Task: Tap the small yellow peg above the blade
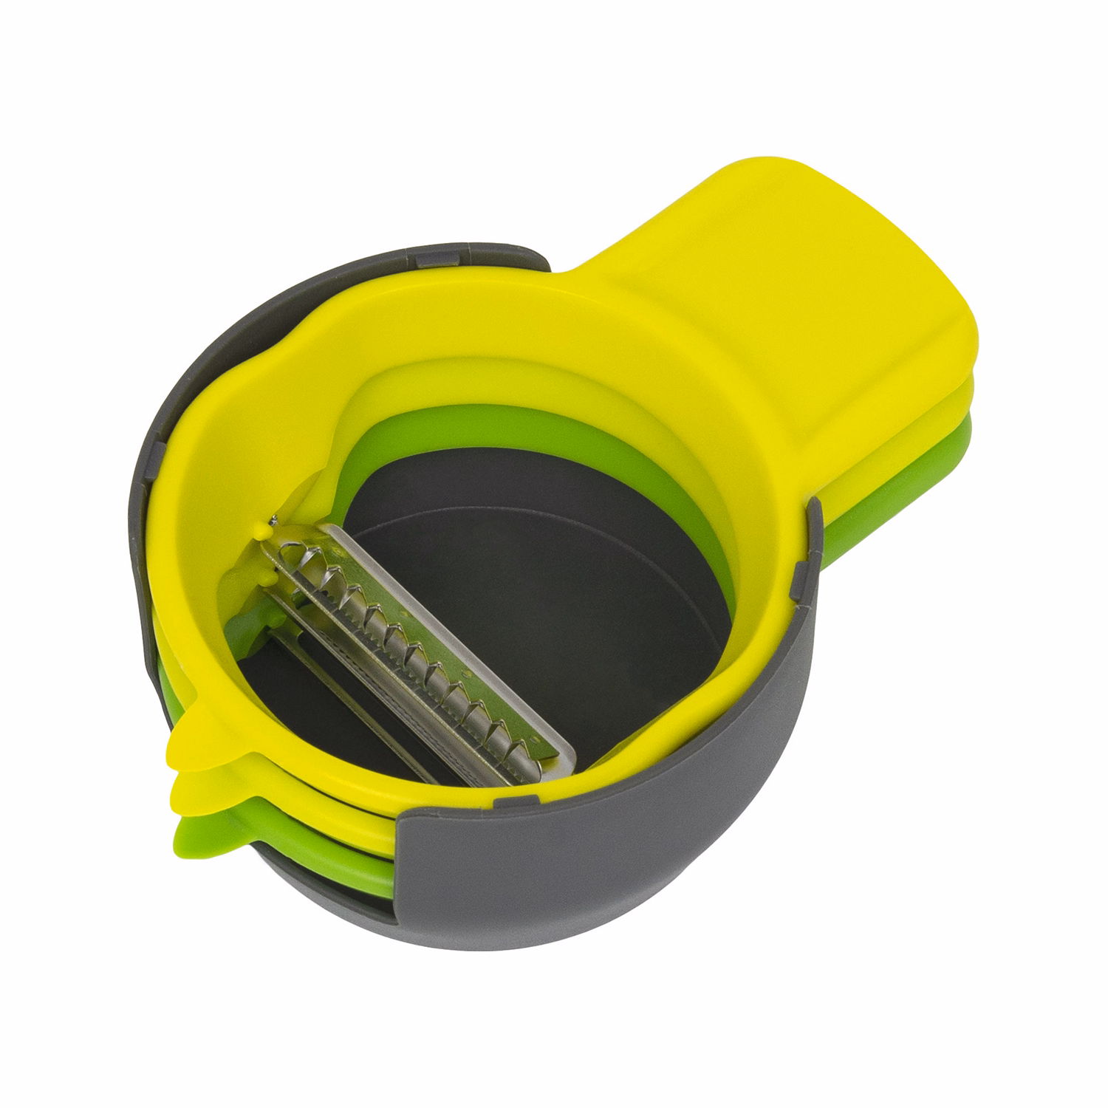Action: pos(260,530)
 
